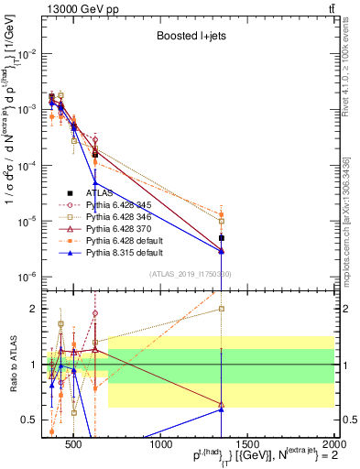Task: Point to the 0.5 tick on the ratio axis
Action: pos(34,420)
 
